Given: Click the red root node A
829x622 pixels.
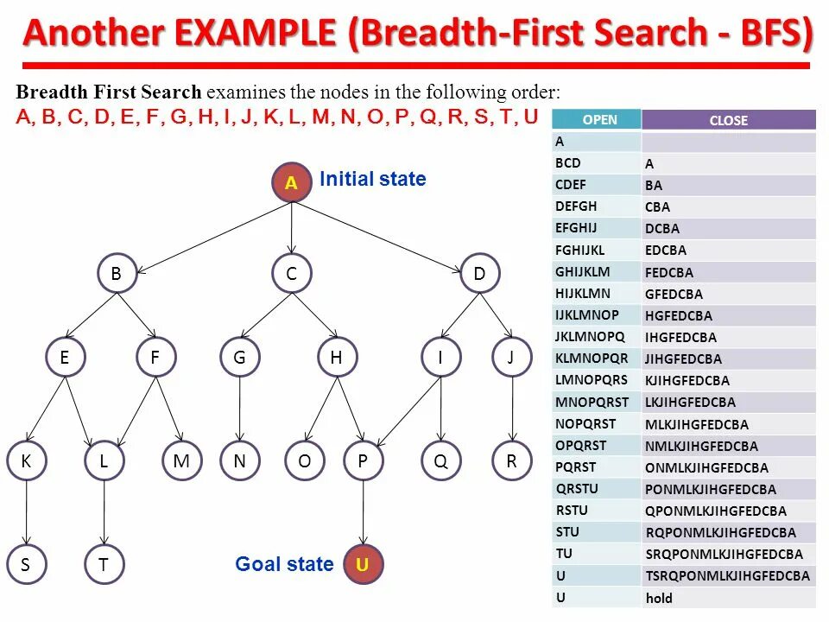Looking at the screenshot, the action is tap(292, 183).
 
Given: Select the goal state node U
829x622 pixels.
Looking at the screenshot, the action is tap(363, 565).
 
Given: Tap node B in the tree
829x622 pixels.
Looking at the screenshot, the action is tap(117, 275).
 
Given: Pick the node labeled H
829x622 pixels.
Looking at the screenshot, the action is tap(337, 358).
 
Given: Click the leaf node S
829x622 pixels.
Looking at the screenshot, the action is tap(26, 565).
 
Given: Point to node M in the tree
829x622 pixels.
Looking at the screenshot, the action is tap(181, 461).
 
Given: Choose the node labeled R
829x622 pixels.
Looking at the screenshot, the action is tap(512, 461).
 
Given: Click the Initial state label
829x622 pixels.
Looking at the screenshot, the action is tap(373, 180).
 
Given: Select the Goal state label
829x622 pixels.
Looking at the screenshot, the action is tap(284, 565).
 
